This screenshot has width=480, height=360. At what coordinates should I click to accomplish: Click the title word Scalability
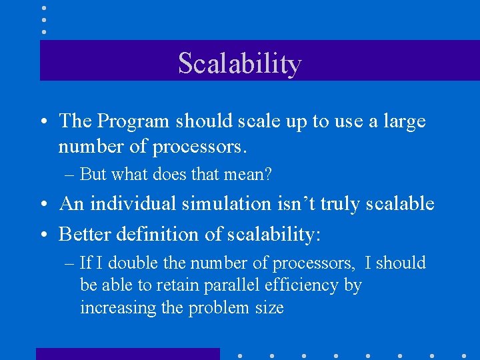tap(240, 63)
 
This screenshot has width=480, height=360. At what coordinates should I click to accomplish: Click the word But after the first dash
tap(93, 175)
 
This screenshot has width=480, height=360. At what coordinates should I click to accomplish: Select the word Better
tap(86, 234)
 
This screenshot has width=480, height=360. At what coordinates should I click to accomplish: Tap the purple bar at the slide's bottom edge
tap(127, 354)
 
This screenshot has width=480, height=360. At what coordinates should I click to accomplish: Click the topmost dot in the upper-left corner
tap(44, 8)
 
